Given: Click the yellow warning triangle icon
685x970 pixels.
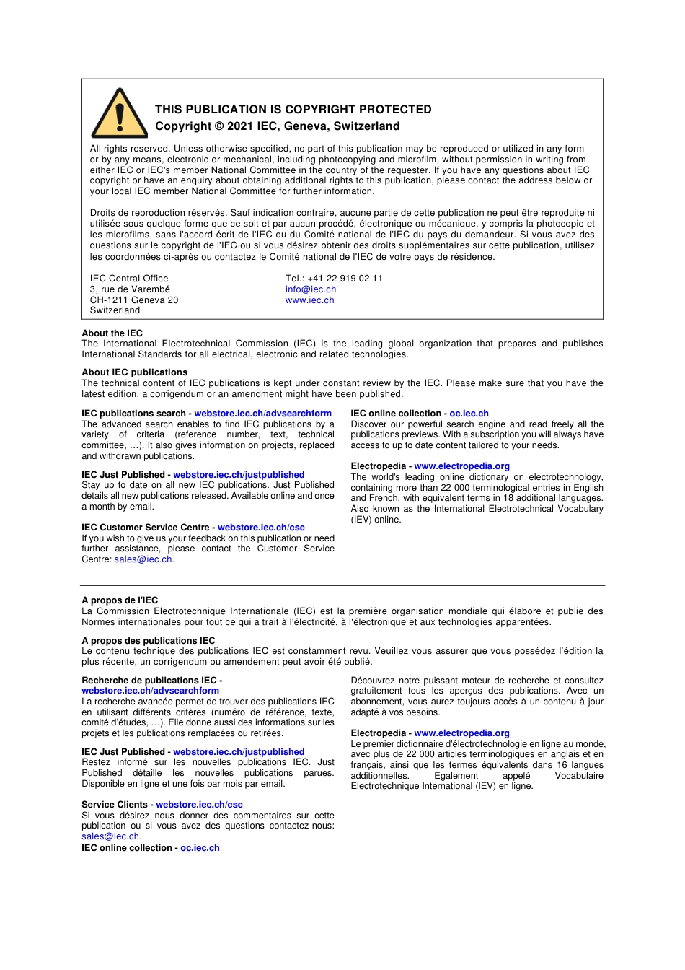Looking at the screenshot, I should [120, 115].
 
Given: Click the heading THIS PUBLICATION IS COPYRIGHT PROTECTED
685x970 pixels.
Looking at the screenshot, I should [293, 110].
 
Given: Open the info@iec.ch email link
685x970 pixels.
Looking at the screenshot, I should [310, 289].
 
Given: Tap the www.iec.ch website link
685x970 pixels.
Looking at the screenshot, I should [309, 300].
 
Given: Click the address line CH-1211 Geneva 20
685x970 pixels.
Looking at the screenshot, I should [133, 300].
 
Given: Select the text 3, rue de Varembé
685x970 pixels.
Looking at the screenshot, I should [130, 289].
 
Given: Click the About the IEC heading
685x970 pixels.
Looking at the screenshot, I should [112, 333].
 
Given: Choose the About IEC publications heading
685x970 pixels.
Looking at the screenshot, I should [134, 372].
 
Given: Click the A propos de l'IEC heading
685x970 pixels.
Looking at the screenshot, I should [120, 600].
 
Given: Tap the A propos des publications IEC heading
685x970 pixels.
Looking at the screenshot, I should [148, 641].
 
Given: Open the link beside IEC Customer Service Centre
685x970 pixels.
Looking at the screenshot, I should [261, 528].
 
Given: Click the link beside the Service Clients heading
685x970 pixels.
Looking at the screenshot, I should [199, 805].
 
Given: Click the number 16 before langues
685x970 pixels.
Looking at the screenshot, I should [562, 765].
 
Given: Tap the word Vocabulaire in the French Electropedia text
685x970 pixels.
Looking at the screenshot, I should [578, 776].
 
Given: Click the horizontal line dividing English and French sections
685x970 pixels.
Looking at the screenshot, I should [342, 585].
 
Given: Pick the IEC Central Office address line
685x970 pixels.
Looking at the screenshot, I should [129, 279].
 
